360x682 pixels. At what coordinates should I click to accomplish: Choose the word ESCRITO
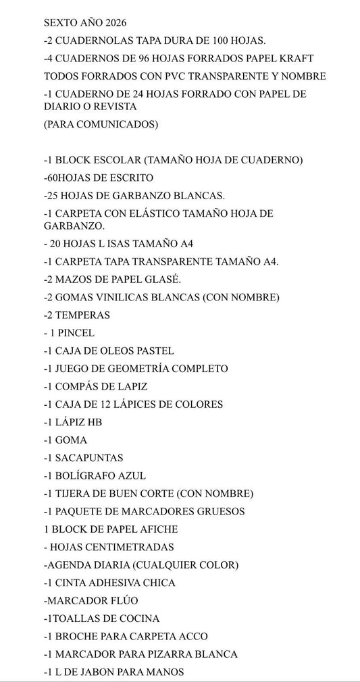[x=130, y=177]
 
